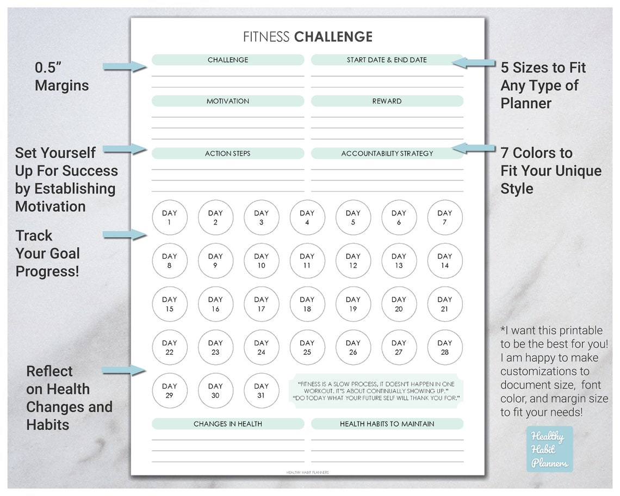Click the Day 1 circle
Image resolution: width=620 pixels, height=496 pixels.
click(170, 218)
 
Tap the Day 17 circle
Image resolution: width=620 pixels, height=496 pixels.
click(261, 304)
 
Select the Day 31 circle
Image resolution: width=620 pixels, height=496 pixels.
click(261, 390)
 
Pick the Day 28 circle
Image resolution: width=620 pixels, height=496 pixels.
click(445, 348)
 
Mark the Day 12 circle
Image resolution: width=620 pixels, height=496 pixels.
click(353, 261)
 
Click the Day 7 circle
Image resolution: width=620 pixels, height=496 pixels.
click(445, 218)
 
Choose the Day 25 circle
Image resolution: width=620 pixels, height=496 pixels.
click(307, 348)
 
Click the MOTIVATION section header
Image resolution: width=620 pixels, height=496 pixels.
click(228, 101)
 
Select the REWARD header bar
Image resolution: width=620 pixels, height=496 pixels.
click(387, 101)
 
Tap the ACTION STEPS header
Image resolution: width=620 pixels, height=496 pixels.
click(228, 153)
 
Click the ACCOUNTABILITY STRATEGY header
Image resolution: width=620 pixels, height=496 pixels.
click(387, 153)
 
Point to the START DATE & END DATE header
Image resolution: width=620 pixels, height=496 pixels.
click(387, 60)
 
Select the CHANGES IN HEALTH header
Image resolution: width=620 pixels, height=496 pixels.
click(228, 424)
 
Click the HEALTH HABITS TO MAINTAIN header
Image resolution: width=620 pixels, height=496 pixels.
click(387, 424)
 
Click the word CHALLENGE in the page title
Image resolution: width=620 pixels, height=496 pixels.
click(333, 37)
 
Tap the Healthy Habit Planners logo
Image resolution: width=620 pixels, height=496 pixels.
click(549, 449)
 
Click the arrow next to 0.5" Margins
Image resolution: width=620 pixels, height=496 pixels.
click(125, 66)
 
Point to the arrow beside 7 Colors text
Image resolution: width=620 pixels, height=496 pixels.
click(474, 147)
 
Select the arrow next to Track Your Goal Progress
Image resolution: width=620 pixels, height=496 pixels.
click(125, 234)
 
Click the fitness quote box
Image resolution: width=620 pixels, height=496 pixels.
click(376, 391)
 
